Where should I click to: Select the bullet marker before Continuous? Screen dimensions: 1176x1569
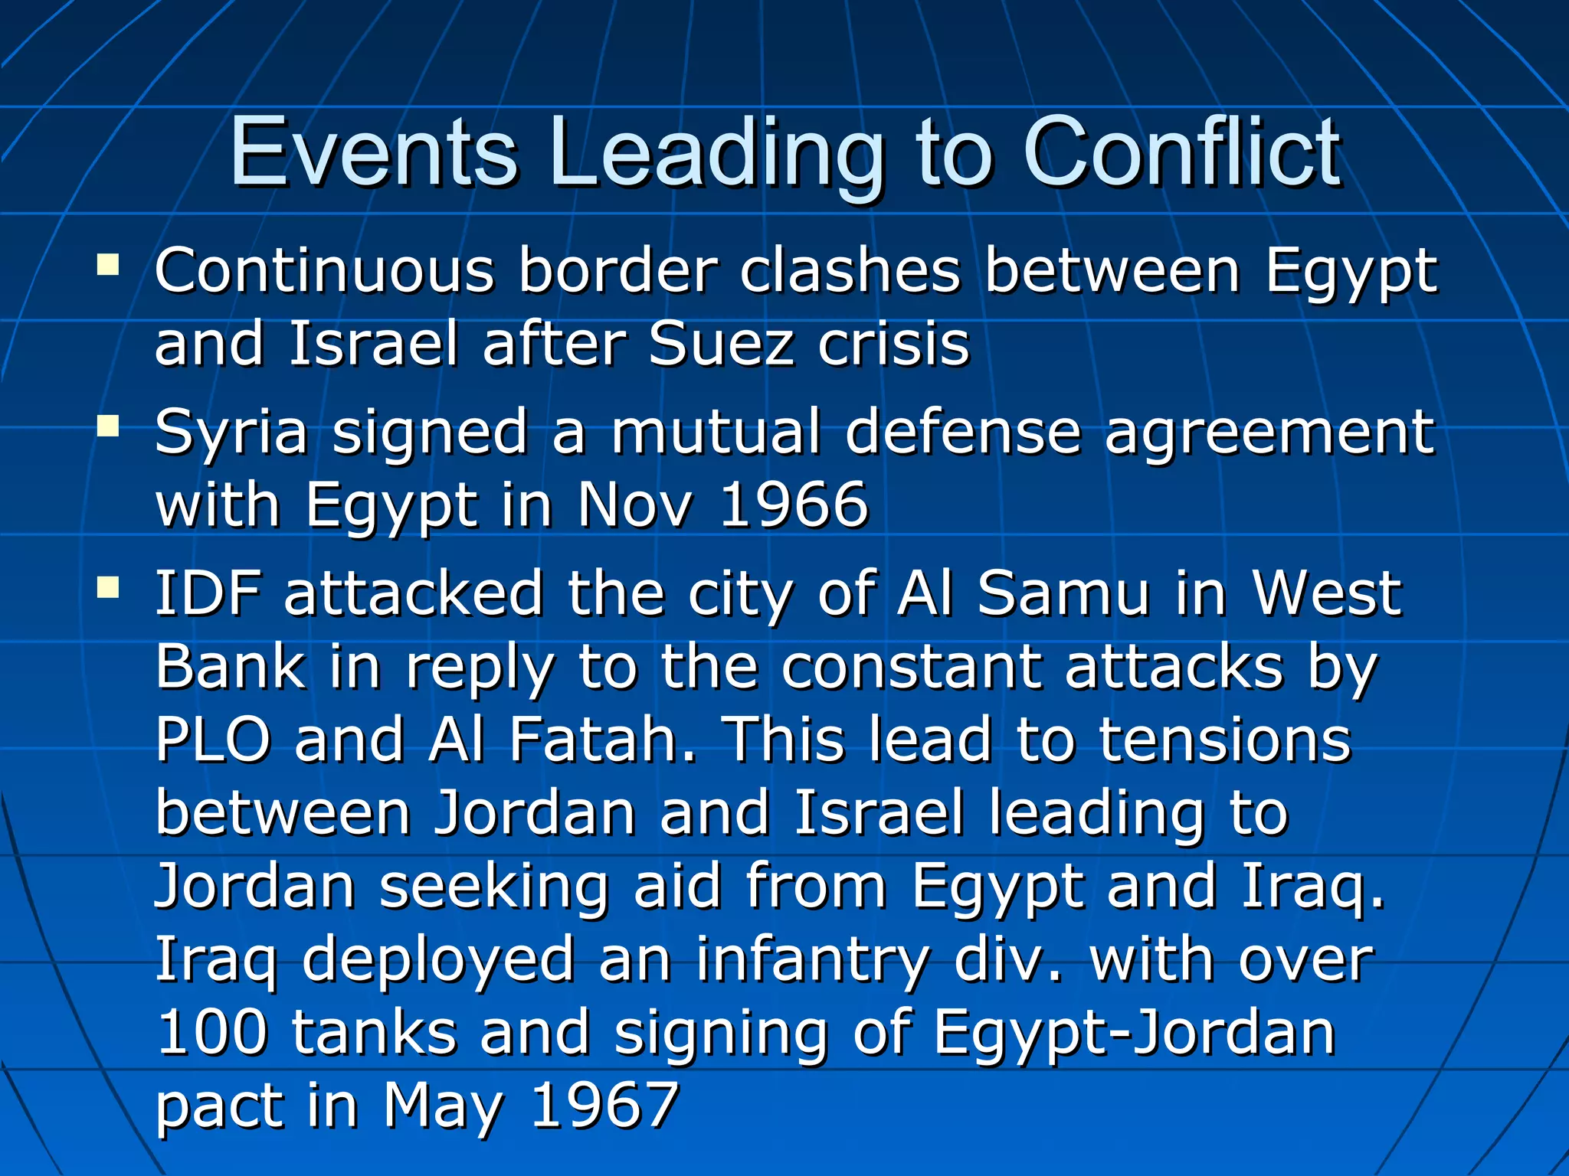click(108, 266)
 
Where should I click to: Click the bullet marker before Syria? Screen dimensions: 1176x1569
click(108, 426)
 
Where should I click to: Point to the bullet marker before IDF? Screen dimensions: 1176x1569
click(108, 588)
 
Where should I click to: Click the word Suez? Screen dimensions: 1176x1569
click(720, 345)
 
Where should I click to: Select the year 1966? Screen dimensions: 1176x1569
click(794, 505)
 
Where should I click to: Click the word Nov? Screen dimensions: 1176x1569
click(636, 505)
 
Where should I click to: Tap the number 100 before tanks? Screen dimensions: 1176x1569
click(212, 1033)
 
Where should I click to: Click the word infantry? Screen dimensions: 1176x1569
click(812, 960)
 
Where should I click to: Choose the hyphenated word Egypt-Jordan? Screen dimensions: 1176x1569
click(1135, 1033)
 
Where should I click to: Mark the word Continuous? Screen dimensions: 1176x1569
click(325, 271)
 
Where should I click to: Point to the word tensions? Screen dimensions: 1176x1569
click(1225, 740)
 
